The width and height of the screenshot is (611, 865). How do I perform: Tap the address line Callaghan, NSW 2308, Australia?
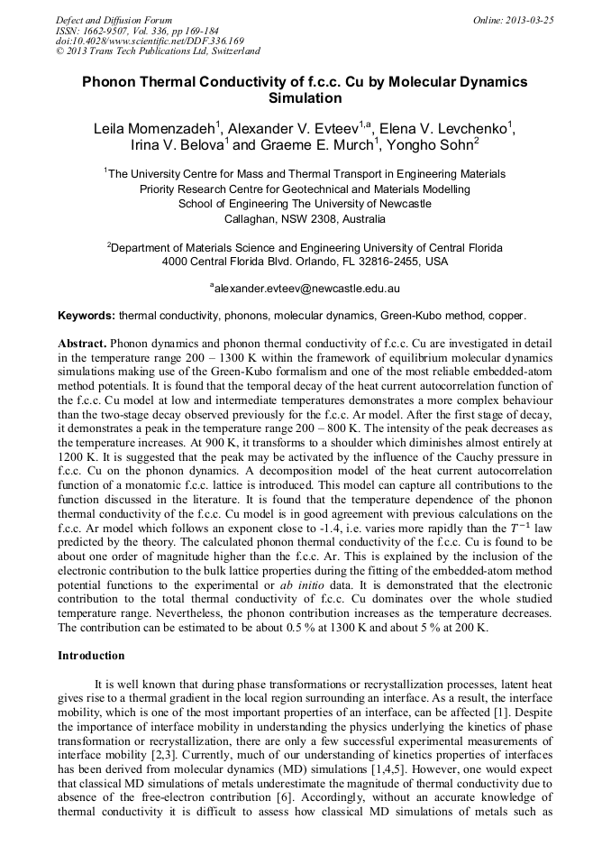point(305,218)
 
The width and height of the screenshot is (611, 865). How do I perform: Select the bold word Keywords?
point(86,317)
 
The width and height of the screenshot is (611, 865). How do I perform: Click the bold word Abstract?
point(82,345)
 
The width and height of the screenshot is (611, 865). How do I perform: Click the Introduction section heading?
point(91,655)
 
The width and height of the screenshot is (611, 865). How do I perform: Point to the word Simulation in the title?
point(305,97)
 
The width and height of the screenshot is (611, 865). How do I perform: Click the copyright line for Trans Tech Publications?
point(158,51)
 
